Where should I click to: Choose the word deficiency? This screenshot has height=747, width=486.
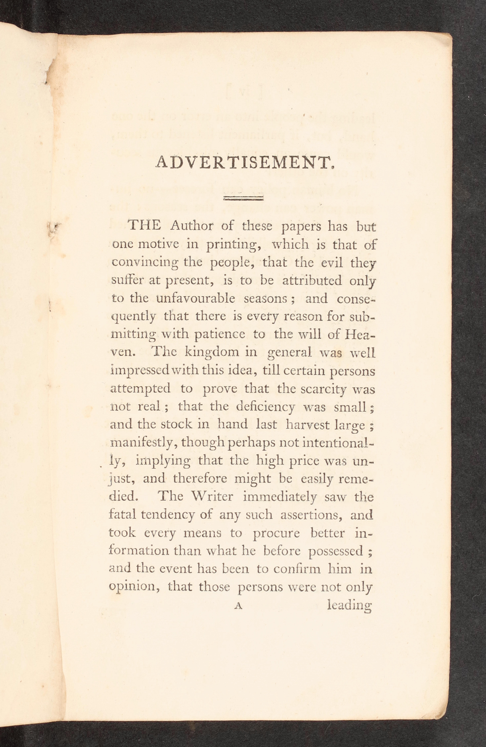[265, 407]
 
